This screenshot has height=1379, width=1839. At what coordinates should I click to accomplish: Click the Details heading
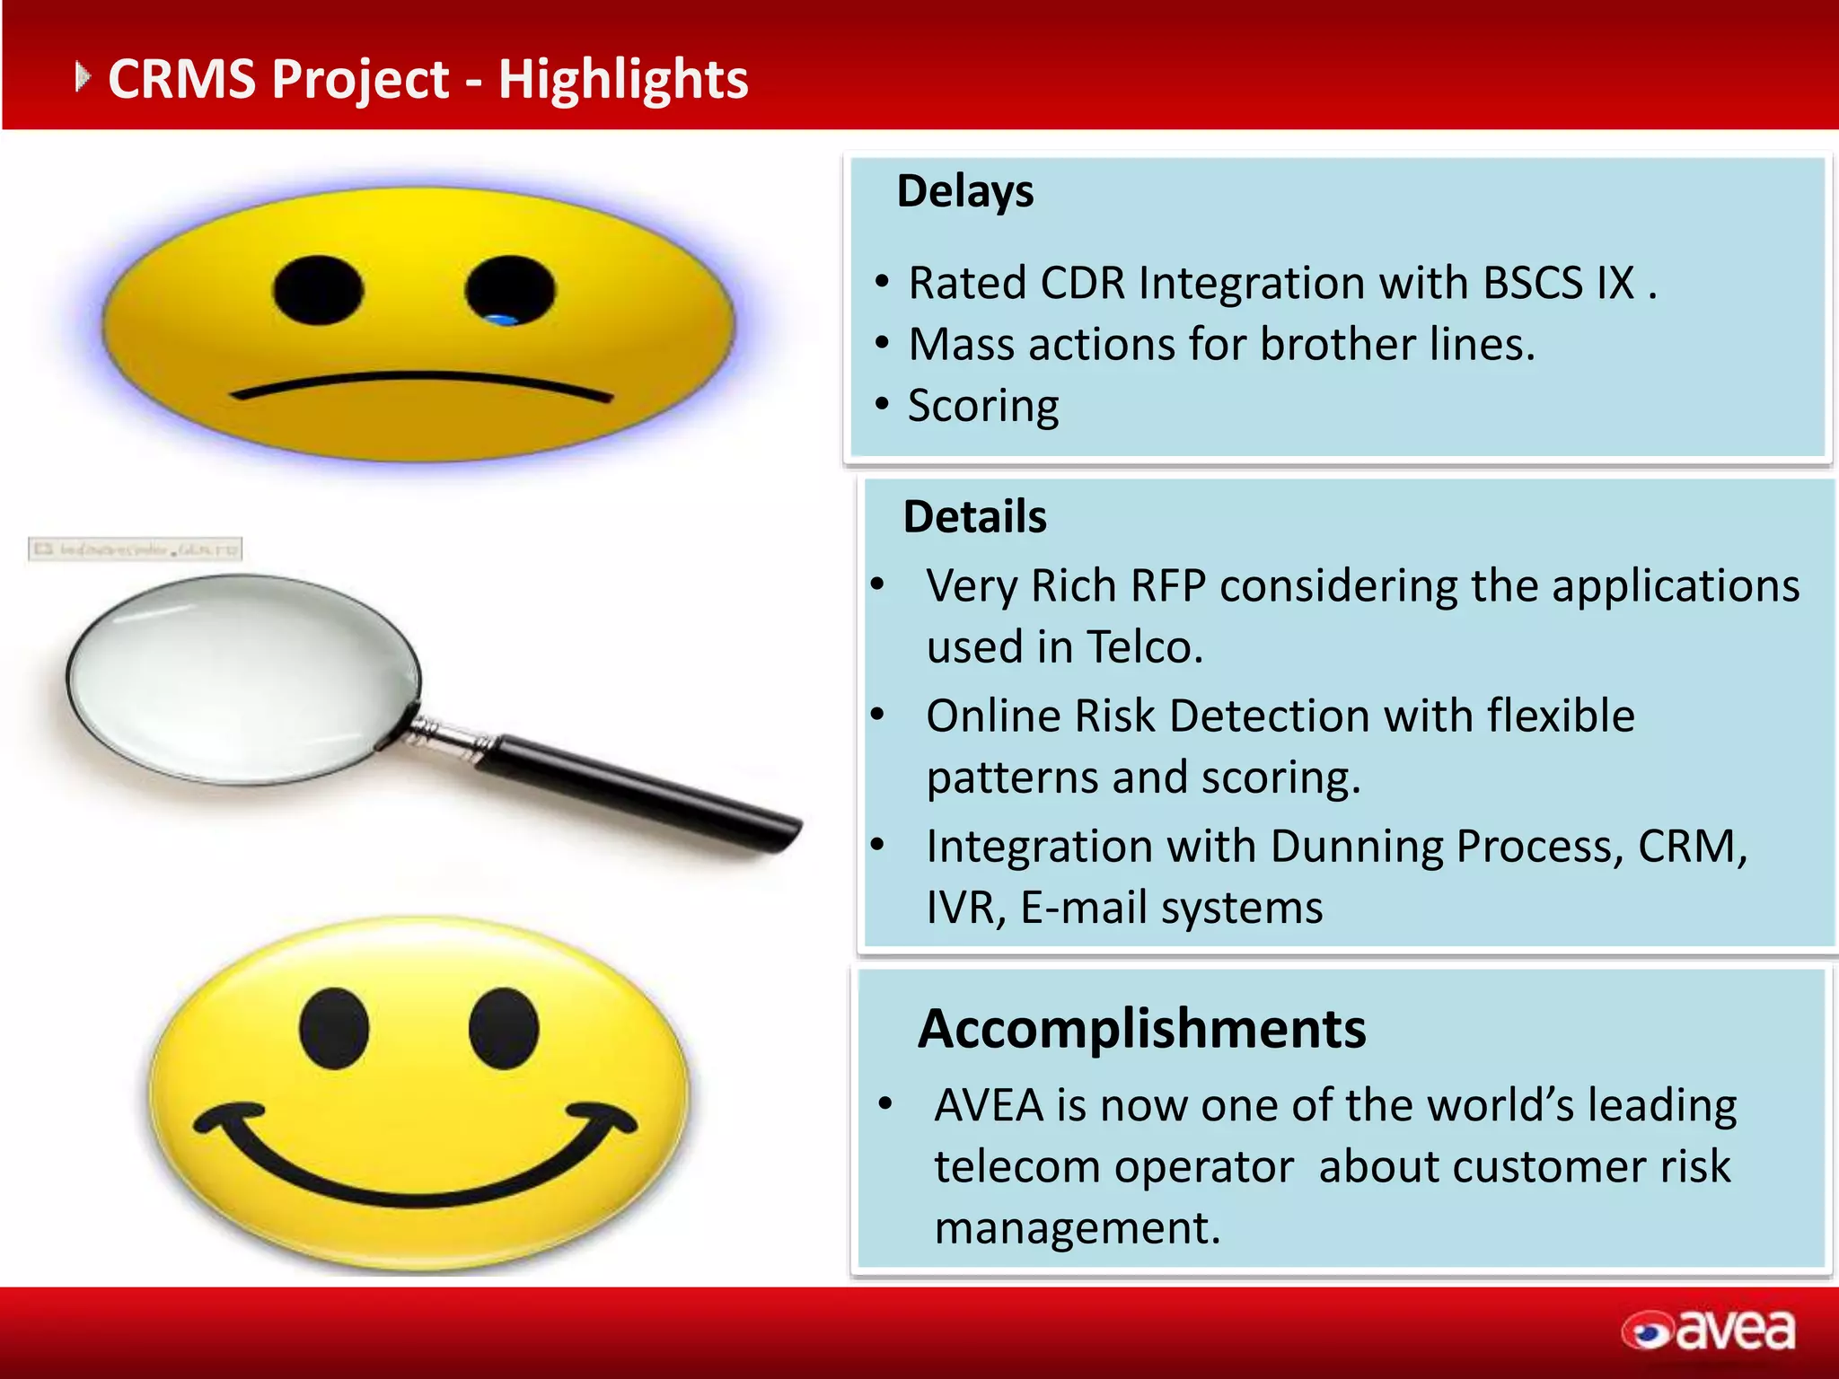974,517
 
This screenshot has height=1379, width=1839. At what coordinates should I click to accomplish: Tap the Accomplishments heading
1141,1029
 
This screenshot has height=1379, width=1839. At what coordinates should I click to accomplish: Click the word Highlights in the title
623,79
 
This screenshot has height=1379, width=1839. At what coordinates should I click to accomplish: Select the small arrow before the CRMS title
83,77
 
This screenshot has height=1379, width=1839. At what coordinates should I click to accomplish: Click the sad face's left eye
318,290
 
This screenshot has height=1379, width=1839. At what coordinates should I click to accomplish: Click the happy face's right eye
504,1029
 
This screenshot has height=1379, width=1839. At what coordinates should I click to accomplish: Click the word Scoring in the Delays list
983,406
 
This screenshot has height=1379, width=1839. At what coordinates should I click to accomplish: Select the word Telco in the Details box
1144,647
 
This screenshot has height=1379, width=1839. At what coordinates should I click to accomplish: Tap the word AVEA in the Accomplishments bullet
989,1105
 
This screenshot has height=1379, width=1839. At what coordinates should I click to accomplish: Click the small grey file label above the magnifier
136,549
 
